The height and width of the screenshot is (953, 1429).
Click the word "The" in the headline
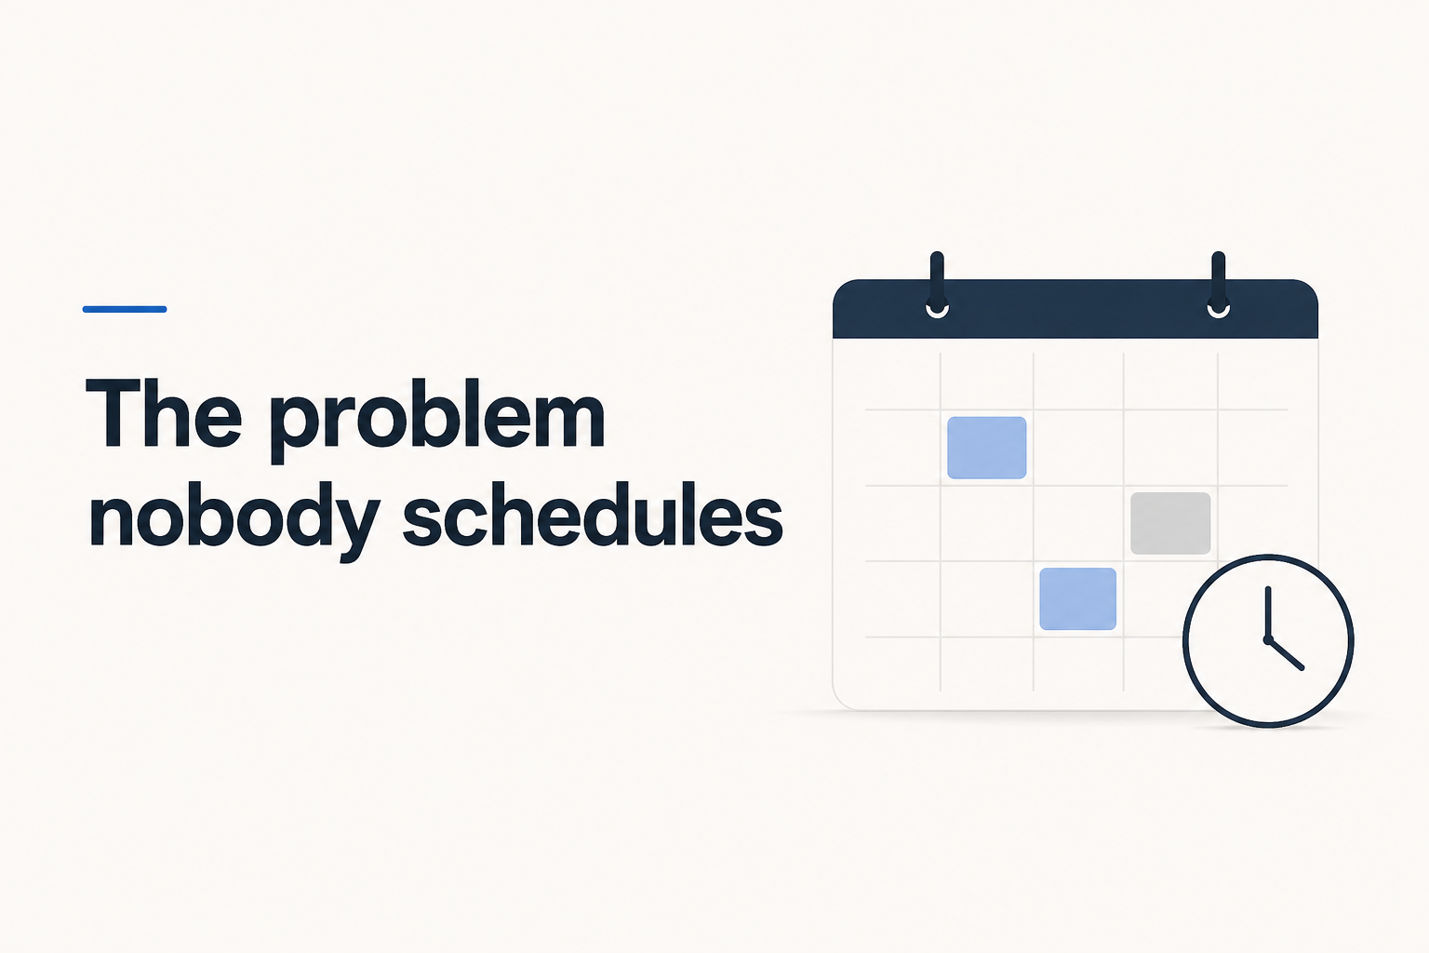pos(164,413)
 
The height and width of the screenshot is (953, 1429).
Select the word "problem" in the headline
pos(437,420)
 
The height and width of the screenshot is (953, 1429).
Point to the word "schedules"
pos(593,514)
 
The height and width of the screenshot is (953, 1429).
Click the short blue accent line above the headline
pos(125,310)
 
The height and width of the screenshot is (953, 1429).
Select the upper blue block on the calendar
pos(987,448)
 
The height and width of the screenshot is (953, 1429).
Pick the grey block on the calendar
pos(1170,523)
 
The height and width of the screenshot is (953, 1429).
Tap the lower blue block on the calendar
pos(1078,598)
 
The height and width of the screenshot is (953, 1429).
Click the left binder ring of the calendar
pos(937,281)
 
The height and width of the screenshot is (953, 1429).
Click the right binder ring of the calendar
pos(1219,281)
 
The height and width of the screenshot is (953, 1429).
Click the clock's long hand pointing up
pos(1268,612)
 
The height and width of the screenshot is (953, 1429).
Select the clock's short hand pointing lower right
pos(1286,654)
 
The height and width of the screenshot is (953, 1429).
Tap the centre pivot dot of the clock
pos(1268,639)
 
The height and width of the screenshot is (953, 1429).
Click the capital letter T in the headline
pos(113,413)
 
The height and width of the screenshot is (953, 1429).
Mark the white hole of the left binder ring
pos(937,310)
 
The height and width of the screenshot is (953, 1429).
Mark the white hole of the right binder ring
pos(1219,310)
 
